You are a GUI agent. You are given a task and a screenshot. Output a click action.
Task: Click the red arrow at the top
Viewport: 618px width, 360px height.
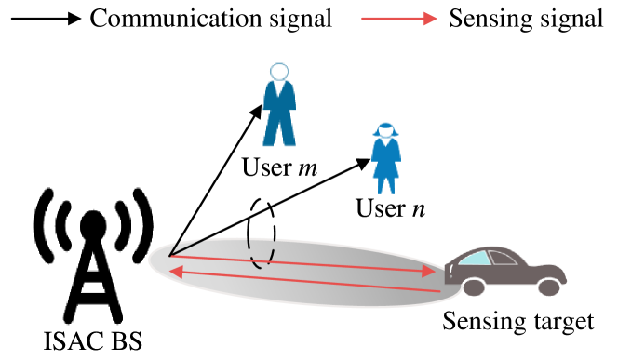point(396,19)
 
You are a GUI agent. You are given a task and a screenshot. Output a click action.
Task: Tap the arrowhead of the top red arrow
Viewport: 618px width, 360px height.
point(430,19)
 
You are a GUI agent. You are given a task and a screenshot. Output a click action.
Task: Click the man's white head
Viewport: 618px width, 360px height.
point(279,72)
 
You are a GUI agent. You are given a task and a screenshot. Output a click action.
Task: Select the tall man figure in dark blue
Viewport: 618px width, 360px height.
point(279,112)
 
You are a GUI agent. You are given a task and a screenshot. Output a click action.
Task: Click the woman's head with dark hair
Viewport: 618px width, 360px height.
point(386,129)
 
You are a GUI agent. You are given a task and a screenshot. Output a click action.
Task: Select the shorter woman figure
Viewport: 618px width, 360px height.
point(386,158)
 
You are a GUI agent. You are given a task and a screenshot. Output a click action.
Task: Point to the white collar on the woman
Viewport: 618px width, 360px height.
point(386,142)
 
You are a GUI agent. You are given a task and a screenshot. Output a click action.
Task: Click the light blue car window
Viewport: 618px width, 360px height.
point(475,258)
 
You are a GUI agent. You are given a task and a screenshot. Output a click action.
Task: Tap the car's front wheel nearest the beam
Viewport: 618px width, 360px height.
point(474,287)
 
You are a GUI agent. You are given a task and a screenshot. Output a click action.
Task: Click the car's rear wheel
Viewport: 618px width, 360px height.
point(549,287)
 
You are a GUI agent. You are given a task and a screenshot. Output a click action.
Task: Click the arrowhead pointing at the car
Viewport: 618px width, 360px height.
point(429,271)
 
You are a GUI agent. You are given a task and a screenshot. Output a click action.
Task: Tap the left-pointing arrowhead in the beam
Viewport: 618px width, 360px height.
point(175,272)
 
